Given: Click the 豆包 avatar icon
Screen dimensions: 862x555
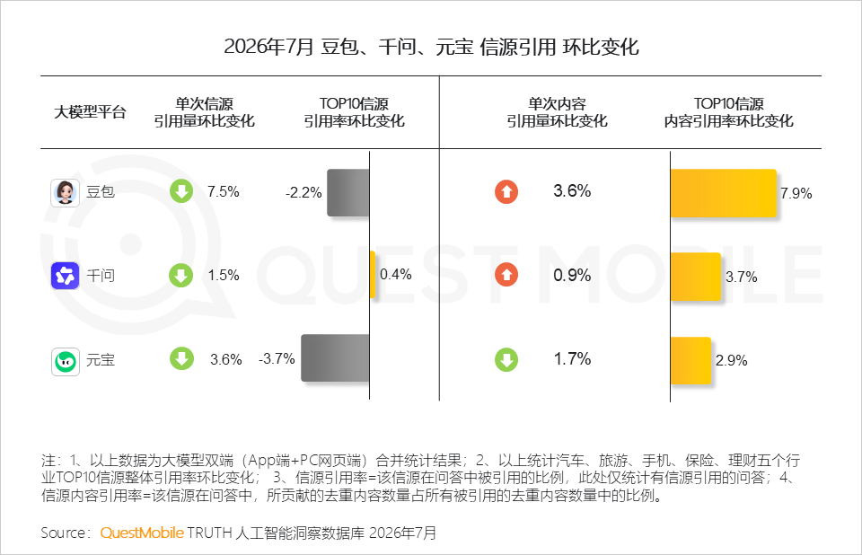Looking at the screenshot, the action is click(65, 192).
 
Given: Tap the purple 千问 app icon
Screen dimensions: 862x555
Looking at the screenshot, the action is click(65, 276).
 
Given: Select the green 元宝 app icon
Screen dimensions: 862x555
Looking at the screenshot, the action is click(65, 361).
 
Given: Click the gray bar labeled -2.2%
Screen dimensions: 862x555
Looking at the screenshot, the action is click(348, 192).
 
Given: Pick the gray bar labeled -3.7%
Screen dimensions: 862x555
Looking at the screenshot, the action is click(335, 358).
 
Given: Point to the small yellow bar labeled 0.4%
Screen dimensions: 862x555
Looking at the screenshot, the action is click(373, 275).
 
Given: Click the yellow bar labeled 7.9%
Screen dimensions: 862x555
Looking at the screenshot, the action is click(724, 193).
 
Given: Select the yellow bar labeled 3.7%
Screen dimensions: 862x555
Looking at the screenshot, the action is click(695, 277).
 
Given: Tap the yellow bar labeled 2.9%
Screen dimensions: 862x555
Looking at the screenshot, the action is click(690, 361).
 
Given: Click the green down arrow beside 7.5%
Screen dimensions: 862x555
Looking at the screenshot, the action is click(181, 191).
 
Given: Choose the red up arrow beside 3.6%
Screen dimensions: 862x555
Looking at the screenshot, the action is click(506, 192).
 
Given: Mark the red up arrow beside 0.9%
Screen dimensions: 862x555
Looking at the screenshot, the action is click(506, 275).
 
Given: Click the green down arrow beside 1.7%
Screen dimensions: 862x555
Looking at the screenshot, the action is click(506, 360).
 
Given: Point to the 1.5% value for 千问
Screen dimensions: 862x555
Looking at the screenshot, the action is click(224, 275).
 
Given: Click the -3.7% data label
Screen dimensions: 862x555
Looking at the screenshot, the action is click(277, 358).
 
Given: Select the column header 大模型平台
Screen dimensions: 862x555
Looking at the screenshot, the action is click(90, 112).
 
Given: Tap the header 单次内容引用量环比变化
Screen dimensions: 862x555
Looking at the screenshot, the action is click(557, 112).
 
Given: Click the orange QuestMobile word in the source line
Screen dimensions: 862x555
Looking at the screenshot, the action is click(142, 533).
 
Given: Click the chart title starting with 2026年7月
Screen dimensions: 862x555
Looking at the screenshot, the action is click(431, 47).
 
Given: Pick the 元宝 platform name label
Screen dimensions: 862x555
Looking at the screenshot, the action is click(101, 360).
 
